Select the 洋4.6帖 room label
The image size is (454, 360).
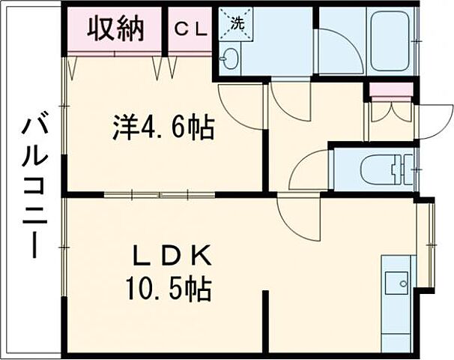click(x=163, y=128)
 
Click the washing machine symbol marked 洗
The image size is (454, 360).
click(x=237, y=23)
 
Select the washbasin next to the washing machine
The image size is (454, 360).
click(x=230, y=58)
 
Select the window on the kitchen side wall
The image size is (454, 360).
click(x=430, y=244)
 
